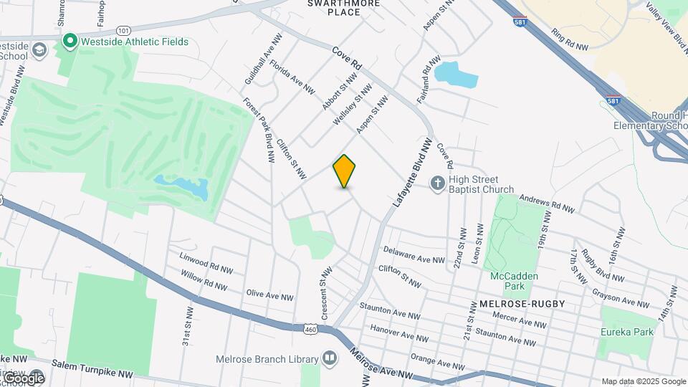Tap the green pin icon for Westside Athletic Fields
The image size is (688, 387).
tap(70, 42)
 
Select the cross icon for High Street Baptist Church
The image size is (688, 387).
tap(438, 184)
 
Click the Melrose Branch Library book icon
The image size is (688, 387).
tap(330, 357)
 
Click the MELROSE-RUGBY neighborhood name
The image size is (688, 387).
tap(518, 304)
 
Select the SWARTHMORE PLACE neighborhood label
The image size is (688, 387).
tap(334, 7)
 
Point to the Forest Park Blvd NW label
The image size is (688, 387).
tap(259, 130)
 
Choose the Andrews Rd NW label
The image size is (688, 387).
tap(547, 204)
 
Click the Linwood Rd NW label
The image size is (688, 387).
tap(206, 262)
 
